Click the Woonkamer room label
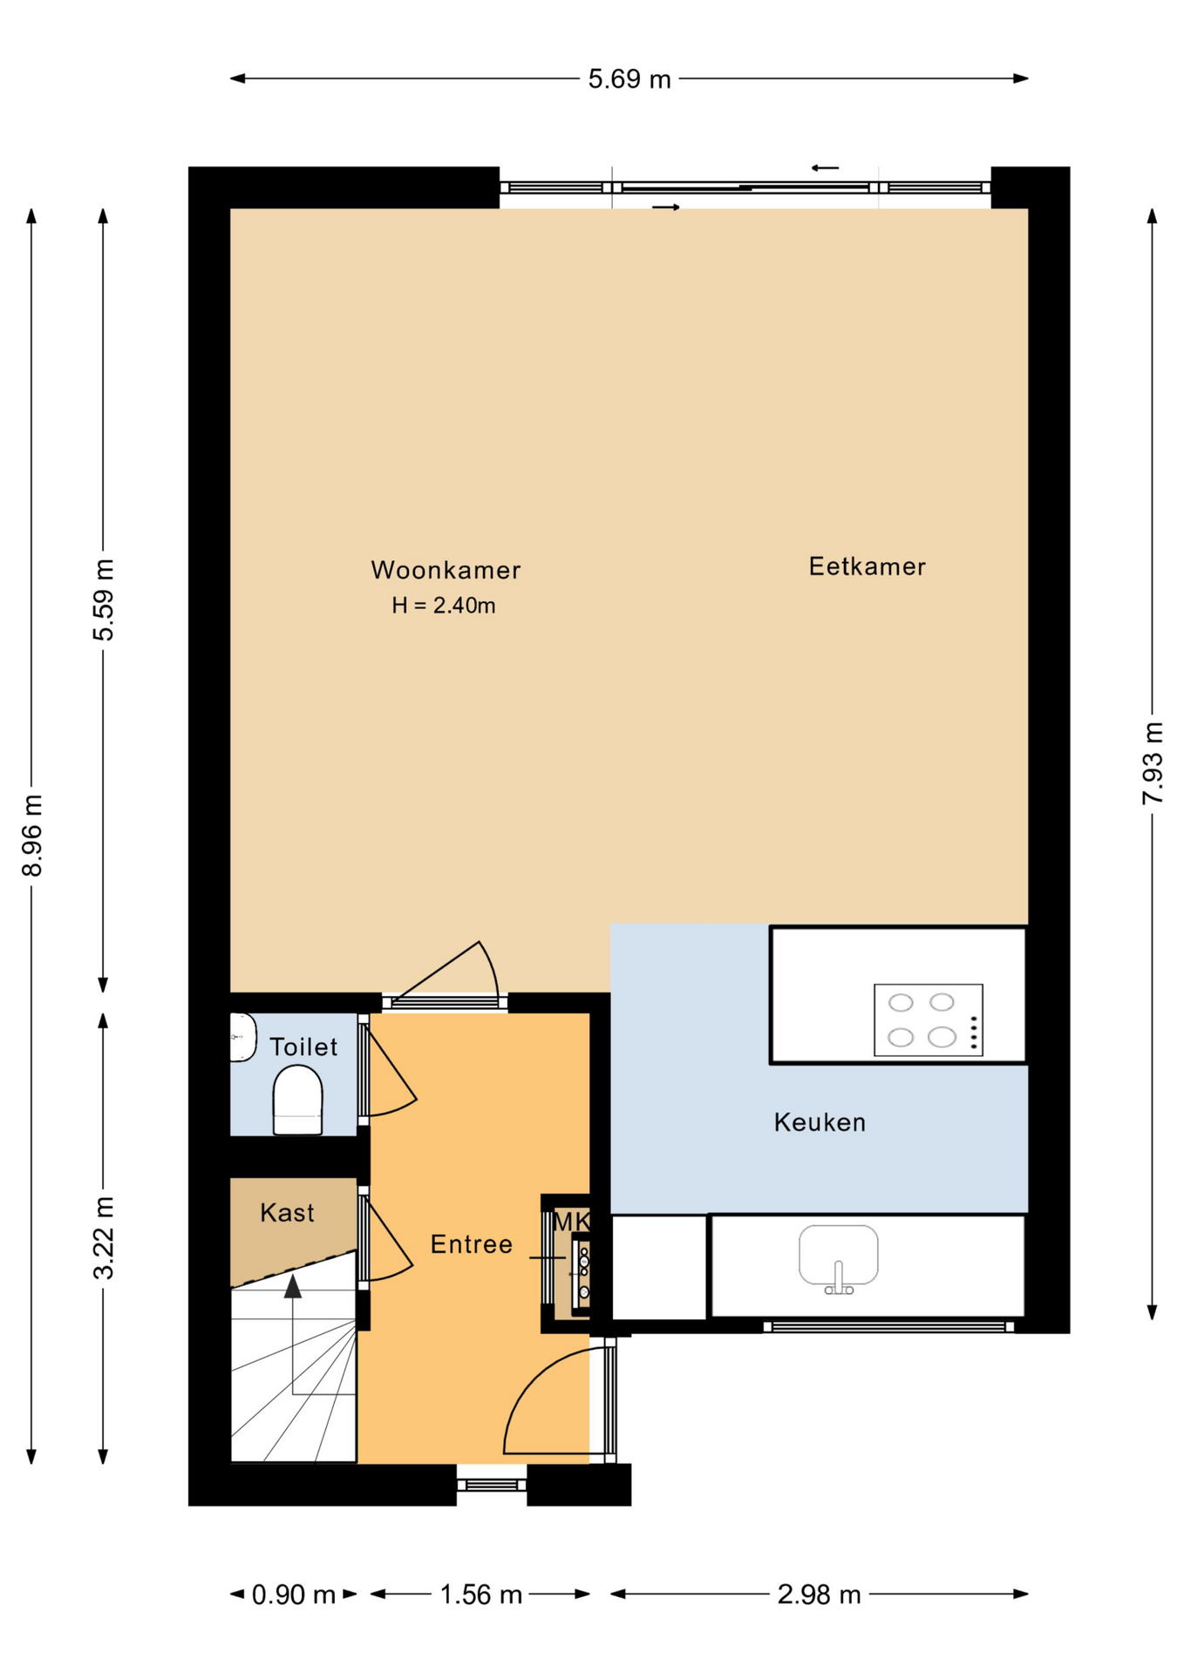coord(446,570)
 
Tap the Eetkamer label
coord(867,566)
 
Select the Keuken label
coord(820,1122)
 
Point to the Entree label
coord(471,1244)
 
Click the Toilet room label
coord(303,1046)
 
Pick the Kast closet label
coord(287,1212)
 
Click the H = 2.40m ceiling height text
coord(443,606)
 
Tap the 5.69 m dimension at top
coord(629,79)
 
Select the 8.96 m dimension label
coord(32,836)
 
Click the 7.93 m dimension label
coord(1153,763)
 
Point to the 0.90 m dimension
coord(294,1595)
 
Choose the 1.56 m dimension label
coord(480,1595)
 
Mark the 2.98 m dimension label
coord(820,1595)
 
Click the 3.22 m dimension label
coord(104,1237)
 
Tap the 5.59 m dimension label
coord(104,600)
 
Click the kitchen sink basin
coord(839,1256)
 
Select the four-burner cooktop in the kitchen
coord(929,1019)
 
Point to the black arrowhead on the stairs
coord(293,1286)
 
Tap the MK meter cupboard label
coord(572,1222)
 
